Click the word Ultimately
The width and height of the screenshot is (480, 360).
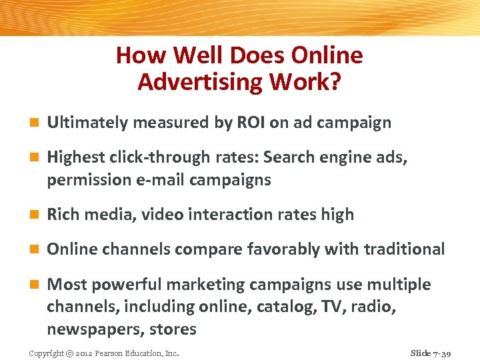(x=87, y=123)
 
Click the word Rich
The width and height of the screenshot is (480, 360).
(x=63, y=215)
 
